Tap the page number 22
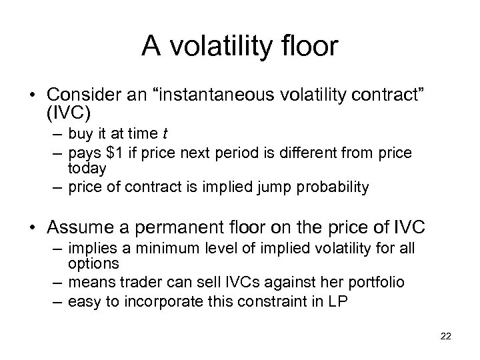click(x=446, y=335)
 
